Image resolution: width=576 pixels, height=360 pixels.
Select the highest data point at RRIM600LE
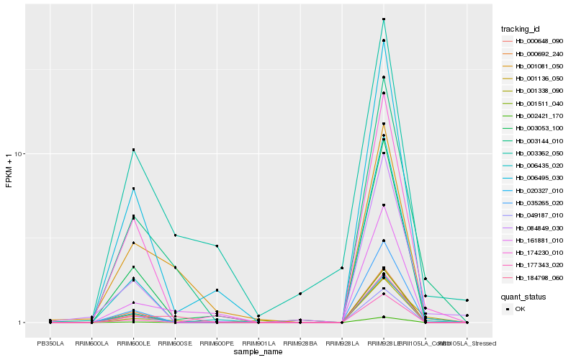(x=133, y=150)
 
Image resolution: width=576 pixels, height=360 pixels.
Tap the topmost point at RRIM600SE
(x=175, y=235)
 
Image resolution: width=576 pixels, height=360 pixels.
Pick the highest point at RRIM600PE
(x=217, y=246)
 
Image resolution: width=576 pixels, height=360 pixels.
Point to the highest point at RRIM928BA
(x=300, y=294)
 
